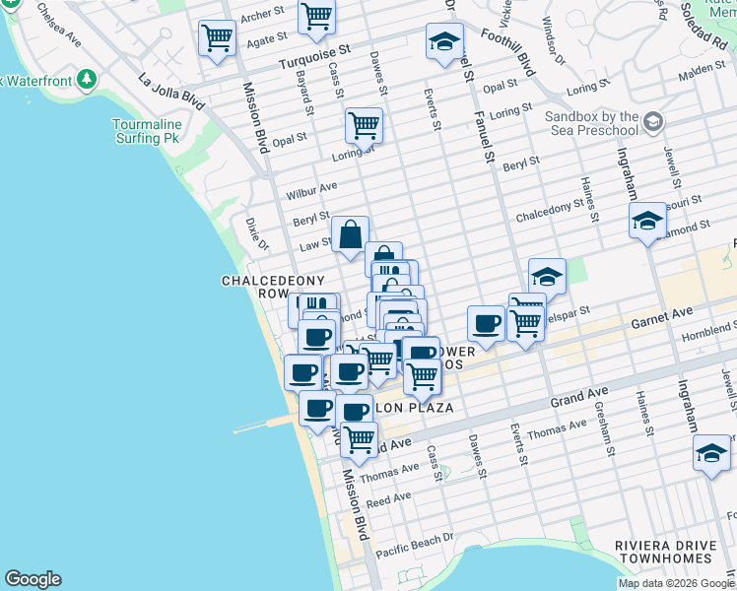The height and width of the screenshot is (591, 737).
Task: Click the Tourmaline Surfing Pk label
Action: pyautogui.click(x=150, y=132)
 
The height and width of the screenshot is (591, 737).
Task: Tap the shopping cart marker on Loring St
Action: pyautogui.click(x=364, y=125)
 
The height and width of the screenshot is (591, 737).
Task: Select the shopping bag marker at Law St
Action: pyautogui.click(x=350, y=235)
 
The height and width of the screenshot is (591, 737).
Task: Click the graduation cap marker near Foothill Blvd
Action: pyautogui.click(x=444, y=41)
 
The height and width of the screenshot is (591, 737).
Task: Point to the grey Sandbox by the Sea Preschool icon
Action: pyautogui.click(x=653, y=122)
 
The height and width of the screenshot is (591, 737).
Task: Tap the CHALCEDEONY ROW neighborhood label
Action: pyautogui.click(x=259, y=288)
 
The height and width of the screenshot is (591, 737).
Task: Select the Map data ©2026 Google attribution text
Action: pyautogui.click(x=675, y=583)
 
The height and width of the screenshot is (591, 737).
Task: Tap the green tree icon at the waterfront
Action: pyautogui.click(x=88, y=78)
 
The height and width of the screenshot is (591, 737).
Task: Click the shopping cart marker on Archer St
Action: pyautogui.click(x=316, y=16)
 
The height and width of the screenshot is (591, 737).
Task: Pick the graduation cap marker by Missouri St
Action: pyautogui.click(x=647, y=221)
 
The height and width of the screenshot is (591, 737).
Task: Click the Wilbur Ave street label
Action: pyautogui.click(x=314, y=186)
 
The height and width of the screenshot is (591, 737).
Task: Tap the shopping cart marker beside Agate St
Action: pyautogui.click(x=217, y=38)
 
